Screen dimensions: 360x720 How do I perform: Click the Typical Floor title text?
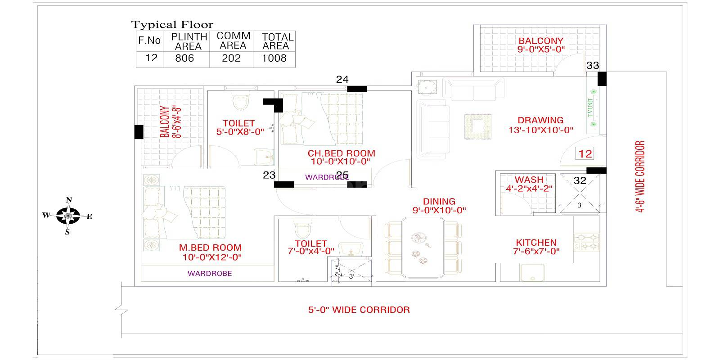click(x=172, y=24)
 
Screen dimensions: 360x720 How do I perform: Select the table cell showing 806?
click(x=185, y=58)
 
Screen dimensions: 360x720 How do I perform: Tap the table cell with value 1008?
click(x=274, y=58)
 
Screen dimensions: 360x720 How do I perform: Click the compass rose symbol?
click(x=68, y=216)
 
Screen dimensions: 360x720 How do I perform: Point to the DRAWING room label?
click(x=540, y=121)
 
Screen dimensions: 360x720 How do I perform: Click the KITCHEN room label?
click(x=536, y=243)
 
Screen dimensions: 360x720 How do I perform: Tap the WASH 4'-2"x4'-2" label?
click(x=529, y=184)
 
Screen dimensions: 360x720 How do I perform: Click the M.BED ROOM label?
click(x=211, y=247)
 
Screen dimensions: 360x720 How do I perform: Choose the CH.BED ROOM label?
click(x=341, y=153)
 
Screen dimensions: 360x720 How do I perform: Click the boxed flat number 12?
click(x=585, y=154)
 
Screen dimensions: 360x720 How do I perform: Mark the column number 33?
click(x=593, y=66)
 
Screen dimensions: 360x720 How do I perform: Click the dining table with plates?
click(x=423, y=247)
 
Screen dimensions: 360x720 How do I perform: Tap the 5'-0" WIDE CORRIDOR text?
click(x=359, y=310)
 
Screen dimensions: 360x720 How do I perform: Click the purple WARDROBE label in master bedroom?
click(x=210, y=274)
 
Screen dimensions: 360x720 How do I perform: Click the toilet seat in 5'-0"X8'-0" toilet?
click(x=241, y=101)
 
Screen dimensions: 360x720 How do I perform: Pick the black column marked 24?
click(x=357, y=89)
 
